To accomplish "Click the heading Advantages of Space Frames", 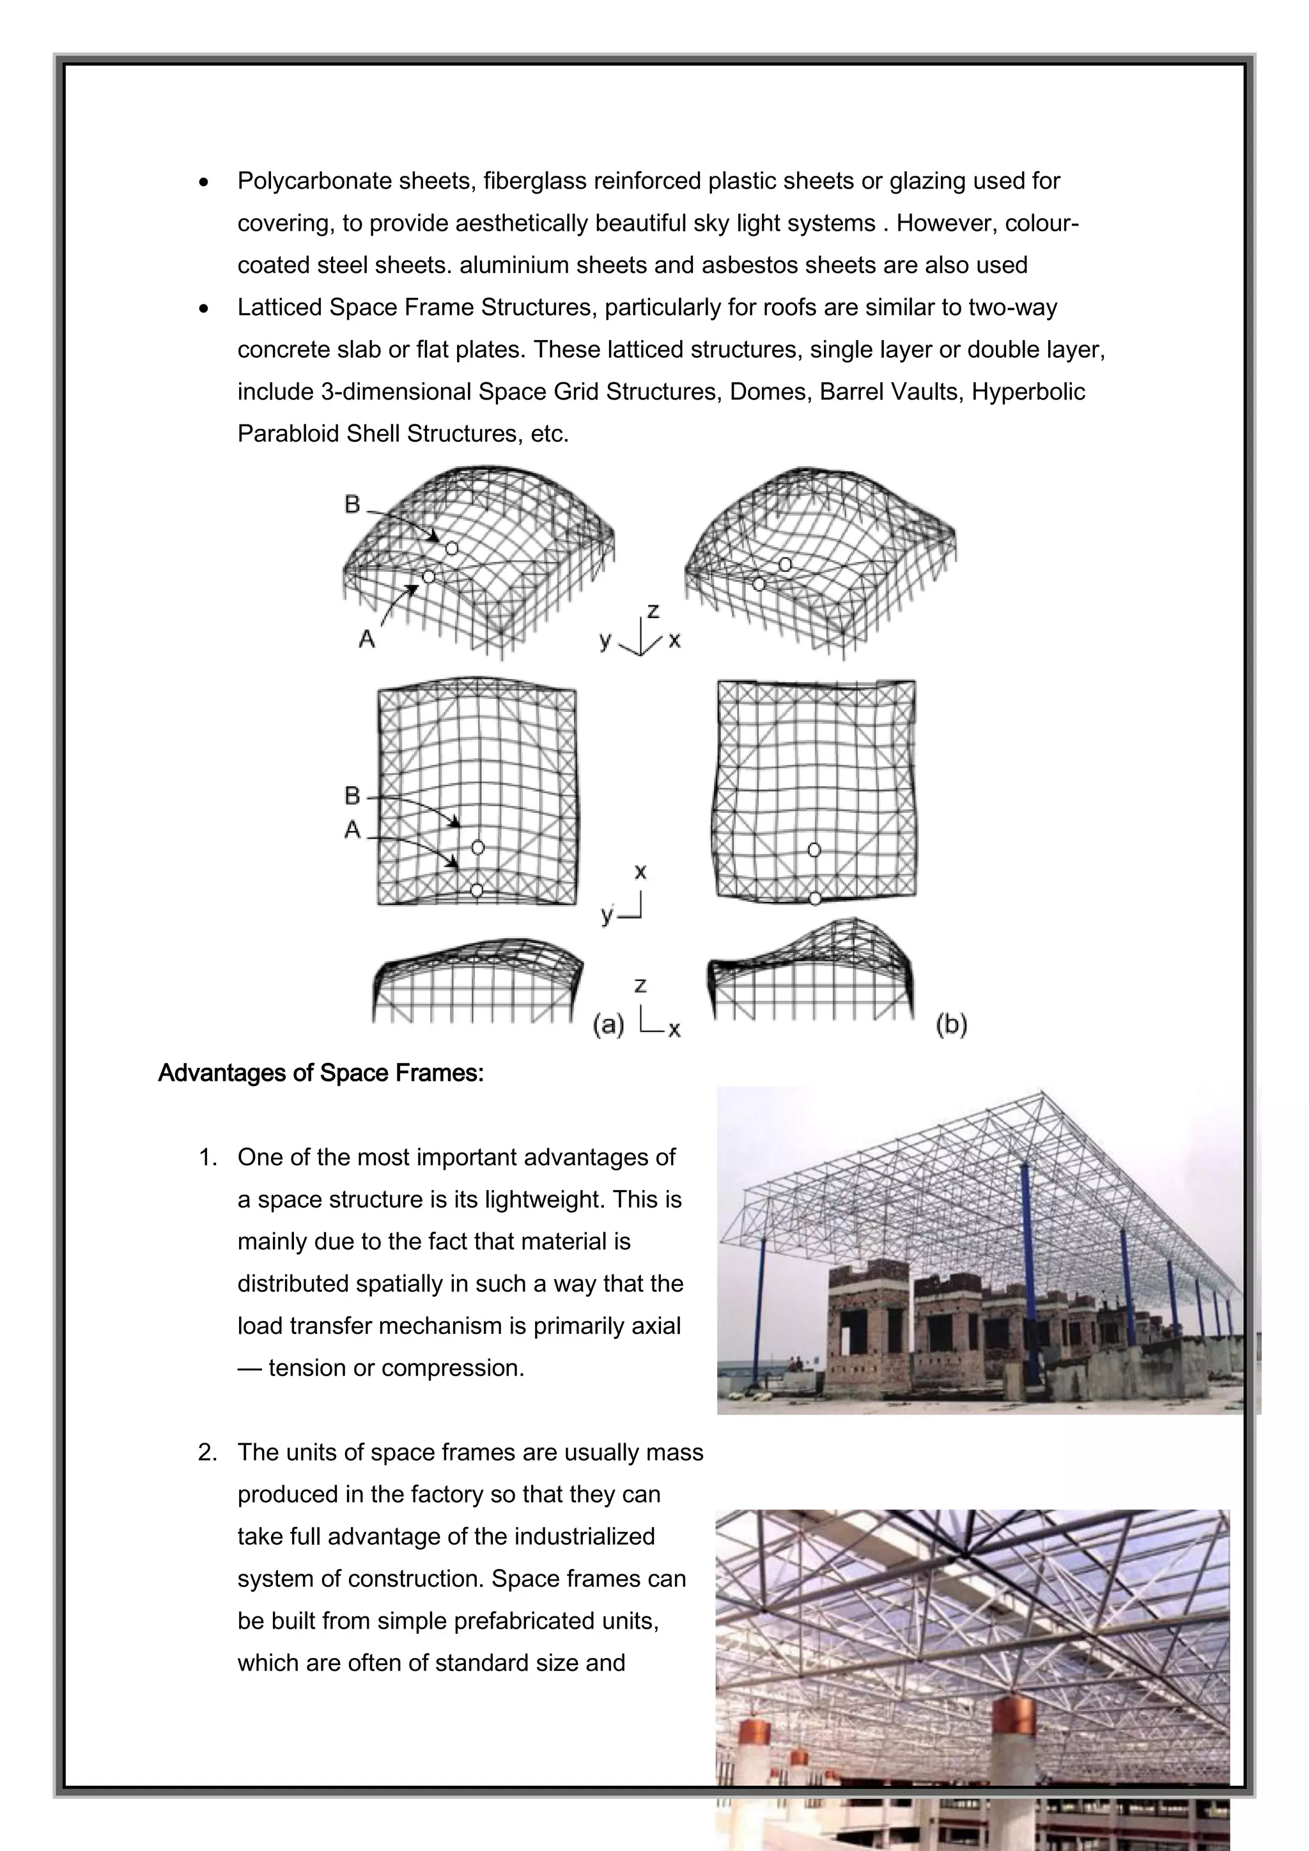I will tap(321, 1073).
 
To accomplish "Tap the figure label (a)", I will tap(608, 1025).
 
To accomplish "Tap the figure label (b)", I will tap(951, 1025).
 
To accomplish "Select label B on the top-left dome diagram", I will tap(352, 505).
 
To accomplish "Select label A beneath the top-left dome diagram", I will tap(367, 639).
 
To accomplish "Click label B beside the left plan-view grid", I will tap(352, 796).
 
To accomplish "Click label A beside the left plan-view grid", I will tap(352, 830).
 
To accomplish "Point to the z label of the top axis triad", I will tap(653, 611).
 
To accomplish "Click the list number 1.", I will tap(207, 1158).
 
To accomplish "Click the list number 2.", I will tap(207, 1453).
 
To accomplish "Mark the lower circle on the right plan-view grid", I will tap(815, 898).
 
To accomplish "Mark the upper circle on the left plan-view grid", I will tap(478, 848).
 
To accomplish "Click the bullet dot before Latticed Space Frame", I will tap(206, 309).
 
